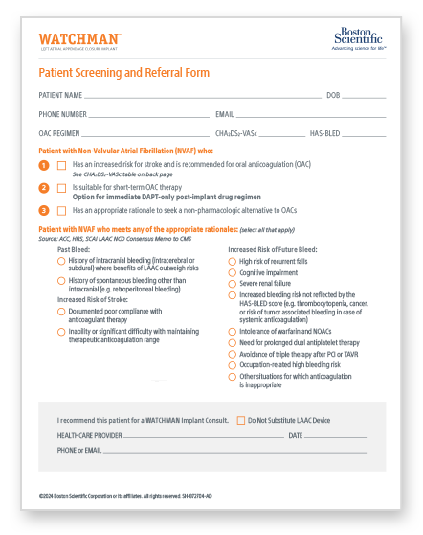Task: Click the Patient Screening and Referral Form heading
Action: tap(123, 73)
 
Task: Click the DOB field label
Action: tap(333, 96)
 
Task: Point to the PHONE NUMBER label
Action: tap(64, 114)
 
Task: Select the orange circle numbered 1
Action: tap(43, 166)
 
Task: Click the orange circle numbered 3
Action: tap(43, 210)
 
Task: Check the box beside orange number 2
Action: tap(62, 188)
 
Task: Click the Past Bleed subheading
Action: tap(73, 249)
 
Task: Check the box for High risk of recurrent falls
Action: tap(232, 261)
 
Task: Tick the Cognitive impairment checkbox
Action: tap(232, 273)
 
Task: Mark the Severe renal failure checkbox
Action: tap(232, 285)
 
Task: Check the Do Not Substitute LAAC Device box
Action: tap(240, 420)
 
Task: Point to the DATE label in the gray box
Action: tap(295, 435)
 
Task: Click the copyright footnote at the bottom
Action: tap(144, 495)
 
